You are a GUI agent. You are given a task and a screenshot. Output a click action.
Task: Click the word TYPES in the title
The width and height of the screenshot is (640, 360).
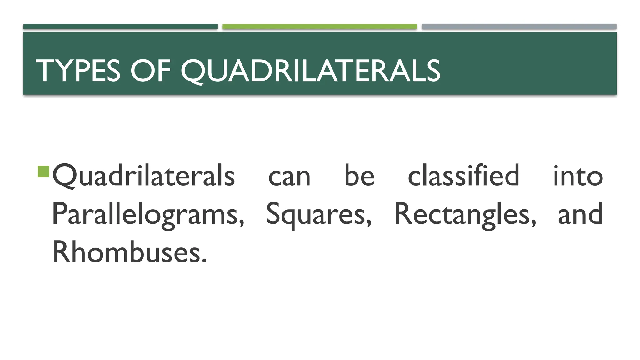tap(78, 71)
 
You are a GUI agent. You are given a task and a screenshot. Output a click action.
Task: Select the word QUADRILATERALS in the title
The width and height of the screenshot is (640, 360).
tap(310, 71)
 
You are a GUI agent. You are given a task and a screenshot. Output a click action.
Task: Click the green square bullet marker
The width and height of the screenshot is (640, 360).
tap(43, 172)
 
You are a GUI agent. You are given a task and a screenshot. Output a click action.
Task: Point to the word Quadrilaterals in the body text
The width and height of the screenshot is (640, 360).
tap(143, 176)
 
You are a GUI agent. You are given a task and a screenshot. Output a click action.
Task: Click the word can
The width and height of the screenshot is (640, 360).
tap(289, 177)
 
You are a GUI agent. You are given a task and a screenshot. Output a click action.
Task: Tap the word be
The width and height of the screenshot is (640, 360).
tap(359, 176)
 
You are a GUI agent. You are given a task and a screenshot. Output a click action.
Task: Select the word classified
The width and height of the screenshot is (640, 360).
tap(463, 176)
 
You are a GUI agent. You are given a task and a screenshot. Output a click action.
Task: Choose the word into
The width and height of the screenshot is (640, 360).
tap(578, 176)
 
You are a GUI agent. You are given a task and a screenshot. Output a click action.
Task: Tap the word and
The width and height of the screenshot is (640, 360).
tap(580, 214)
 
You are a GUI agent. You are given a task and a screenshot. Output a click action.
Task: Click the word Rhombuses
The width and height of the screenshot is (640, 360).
tap(127, 252)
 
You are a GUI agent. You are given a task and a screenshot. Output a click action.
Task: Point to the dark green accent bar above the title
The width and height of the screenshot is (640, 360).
tap(120, 27)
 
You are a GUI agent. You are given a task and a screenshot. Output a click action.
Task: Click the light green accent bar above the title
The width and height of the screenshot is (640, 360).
tap(320, 27)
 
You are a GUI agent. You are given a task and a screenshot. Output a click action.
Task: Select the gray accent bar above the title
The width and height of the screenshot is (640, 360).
tap(519, 27)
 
